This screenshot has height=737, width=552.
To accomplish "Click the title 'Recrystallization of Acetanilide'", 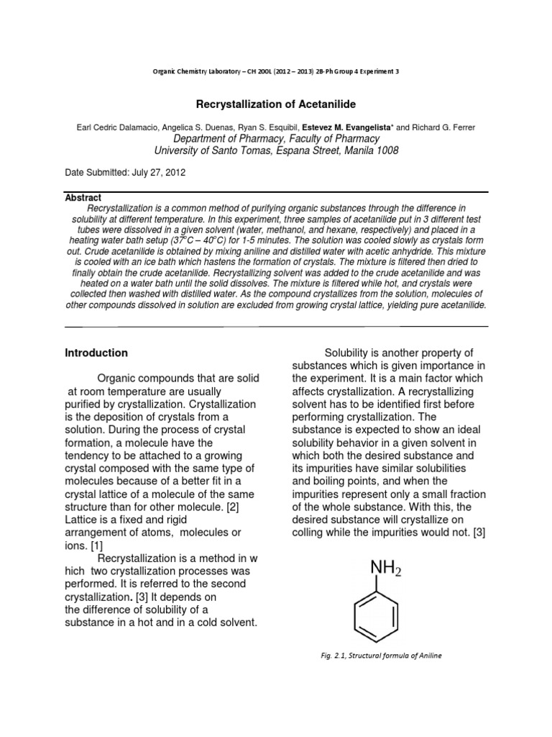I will tap(277, 105).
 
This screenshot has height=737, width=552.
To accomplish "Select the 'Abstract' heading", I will tap(83, 197).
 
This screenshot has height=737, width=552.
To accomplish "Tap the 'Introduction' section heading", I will tap(96, 353).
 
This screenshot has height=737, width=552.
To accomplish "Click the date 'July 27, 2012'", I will tap(165, 173).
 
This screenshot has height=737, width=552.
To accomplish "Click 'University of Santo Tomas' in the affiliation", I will tap(217, 150).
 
